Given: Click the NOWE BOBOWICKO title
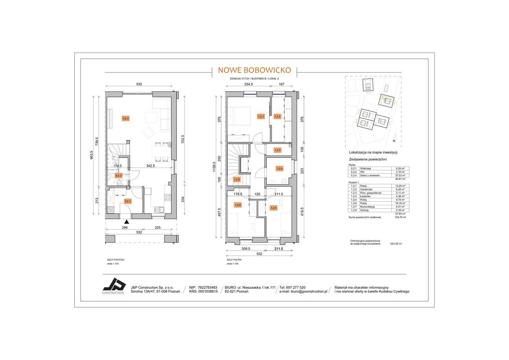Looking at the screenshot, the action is (x=254, y=70).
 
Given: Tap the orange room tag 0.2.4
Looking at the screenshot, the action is (x=126, y=118).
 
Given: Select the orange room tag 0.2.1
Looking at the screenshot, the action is (x=128, y=201).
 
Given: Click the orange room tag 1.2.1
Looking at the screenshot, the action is (x=261, y=117).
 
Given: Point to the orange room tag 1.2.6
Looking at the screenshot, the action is (x=238, y=205).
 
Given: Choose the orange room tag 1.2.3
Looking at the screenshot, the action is (x=278, y=150).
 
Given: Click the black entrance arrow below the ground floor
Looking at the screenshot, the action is (x=126, y=222).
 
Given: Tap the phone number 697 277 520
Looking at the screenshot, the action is (x=295, y=287).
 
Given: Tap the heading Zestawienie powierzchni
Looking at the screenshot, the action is (x=368, y=159).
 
